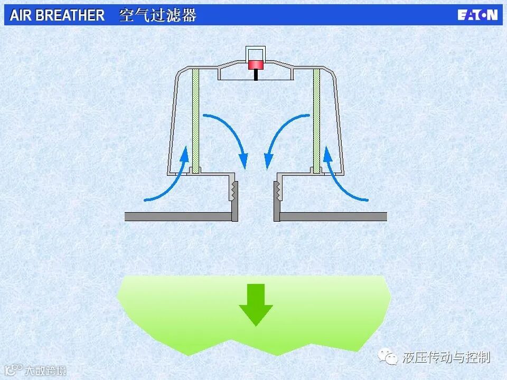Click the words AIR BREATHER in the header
pos(57,15)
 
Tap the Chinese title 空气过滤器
pos(158,15)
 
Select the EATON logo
pos(477,15)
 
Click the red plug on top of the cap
pos(256,65)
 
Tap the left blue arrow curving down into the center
pos(227,135)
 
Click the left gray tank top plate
pos(177,216)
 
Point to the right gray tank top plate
pos(333,216)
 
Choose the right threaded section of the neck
pos(277,191)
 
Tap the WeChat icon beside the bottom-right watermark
pos(391,358)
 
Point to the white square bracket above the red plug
pos(256,52)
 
